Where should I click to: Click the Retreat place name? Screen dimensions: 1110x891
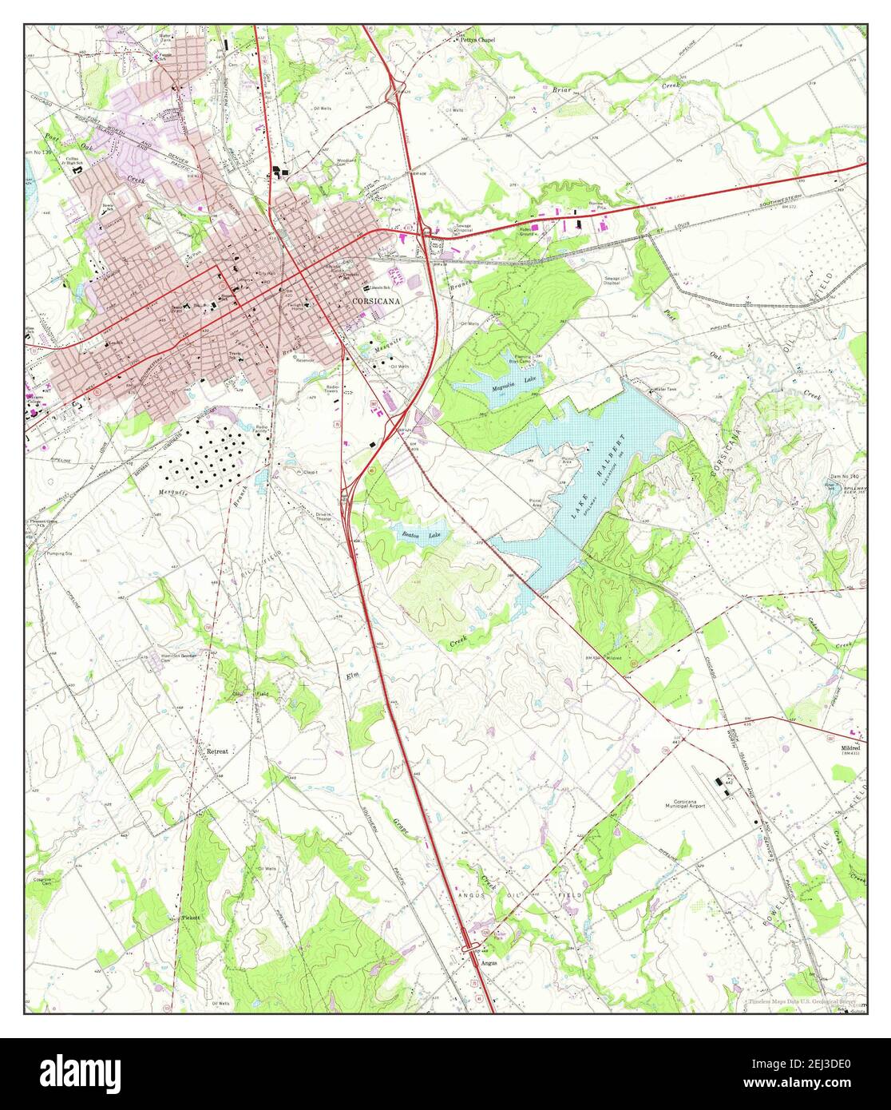(x=217, y=751)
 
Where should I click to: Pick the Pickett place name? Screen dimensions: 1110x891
(x=190, y=918)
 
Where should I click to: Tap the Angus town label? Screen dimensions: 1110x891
(x=489, y=962)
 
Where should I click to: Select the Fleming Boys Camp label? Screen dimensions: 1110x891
(x=523, y=359)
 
